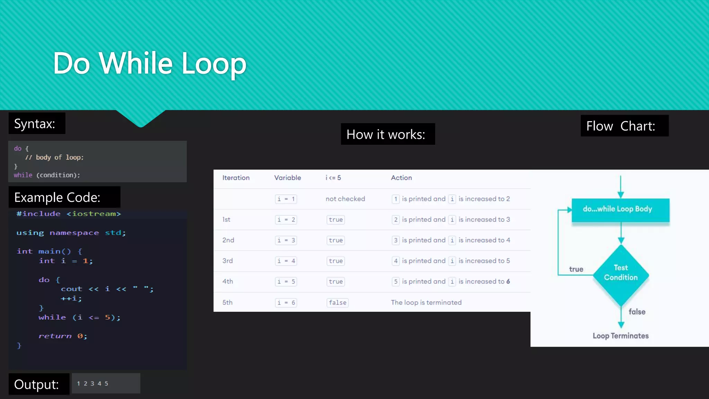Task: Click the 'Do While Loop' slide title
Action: (150, 63)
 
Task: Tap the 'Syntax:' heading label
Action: (35, 124)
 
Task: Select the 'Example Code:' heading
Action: (57, 197)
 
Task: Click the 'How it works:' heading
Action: (386, 134)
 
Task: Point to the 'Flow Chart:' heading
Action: (620, 126)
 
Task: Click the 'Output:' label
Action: (36, 384)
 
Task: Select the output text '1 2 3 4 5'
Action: (92, 383)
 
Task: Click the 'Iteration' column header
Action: (236, 178)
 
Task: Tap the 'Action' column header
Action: (401, 178)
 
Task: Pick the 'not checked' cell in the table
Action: (345, 199)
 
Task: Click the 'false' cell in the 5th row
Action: (338, 302)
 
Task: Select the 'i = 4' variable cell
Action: (286, 261)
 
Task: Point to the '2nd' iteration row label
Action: (228, 240)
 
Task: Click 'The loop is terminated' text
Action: (426, 302)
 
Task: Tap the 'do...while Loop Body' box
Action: (620, 210)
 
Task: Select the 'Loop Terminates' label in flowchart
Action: (620, 336)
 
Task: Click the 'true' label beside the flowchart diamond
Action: (576, 269)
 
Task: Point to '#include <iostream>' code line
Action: (69, 214)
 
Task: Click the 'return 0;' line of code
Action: (63, 336)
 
